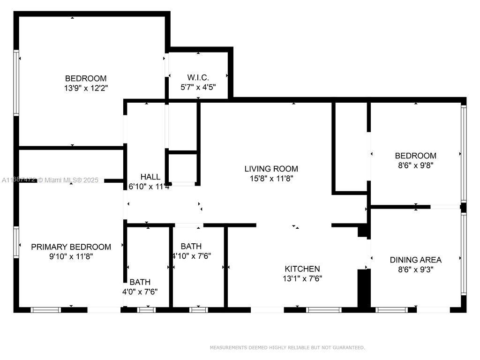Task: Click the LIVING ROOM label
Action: point(271,169)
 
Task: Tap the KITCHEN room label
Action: point(302,269)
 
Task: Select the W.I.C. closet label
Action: point(198,77)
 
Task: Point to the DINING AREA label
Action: point(415,260)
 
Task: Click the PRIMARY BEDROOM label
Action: point(71,247)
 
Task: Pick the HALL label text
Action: point(150,177)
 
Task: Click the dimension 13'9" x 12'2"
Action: point(86,88)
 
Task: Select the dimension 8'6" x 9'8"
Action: point(415,165)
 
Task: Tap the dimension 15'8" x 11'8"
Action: point(271,178)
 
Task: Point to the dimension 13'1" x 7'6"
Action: point(302,278)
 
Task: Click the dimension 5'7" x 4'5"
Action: point(198,87)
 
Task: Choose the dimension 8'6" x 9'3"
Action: point(415,269)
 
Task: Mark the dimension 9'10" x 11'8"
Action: point(71,256)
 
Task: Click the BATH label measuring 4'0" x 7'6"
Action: point(140,282)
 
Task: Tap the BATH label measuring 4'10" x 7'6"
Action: point(191,246)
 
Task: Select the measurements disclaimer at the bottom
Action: point(287,347)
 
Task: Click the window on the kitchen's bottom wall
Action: point(323,309)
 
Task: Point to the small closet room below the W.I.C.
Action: point(183,168)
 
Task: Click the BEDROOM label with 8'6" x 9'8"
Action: point(415,156)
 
